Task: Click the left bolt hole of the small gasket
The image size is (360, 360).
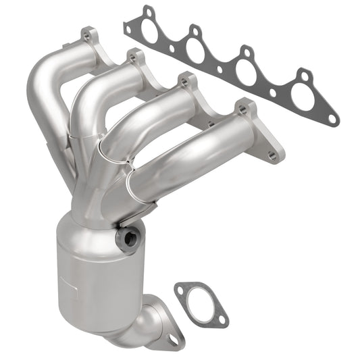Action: click(x=180, y=291)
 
